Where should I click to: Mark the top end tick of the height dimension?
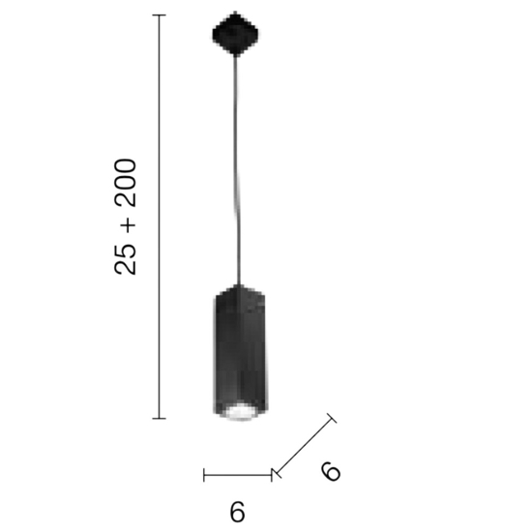coord(160,16)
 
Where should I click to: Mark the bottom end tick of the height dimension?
coord(160,418)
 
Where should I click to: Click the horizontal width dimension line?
coord(238,474)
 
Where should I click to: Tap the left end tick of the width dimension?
coord(204,474)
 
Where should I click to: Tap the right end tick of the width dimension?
coord(272,474)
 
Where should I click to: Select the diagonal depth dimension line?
coord(304,446)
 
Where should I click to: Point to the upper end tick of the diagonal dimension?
coord(332,419)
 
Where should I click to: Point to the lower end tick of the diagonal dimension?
coord(277,473)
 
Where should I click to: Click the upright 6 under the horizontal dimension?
coord(238,512)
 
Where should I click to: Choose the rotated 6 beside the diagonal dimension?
coord(331,471)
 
